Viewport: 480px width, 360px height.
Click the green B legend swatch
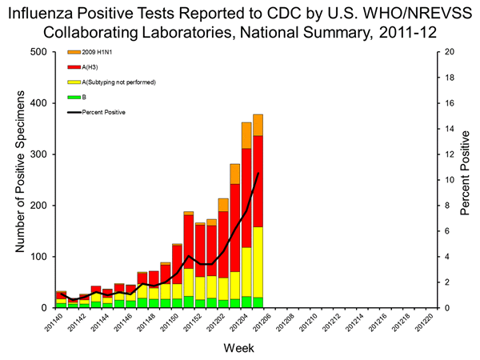coord(74,98)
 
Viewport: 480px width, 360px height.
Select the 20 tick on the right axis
coord(450,52)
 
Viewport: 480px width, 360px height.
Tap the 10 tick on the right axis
coord(450,180)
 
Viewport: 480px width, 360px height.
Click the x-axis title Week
coord(239,350)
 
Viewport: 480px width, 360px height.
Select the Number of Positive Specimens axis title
coord(17,180)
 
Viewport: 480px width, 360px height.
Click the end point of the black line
coord(258,173)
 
